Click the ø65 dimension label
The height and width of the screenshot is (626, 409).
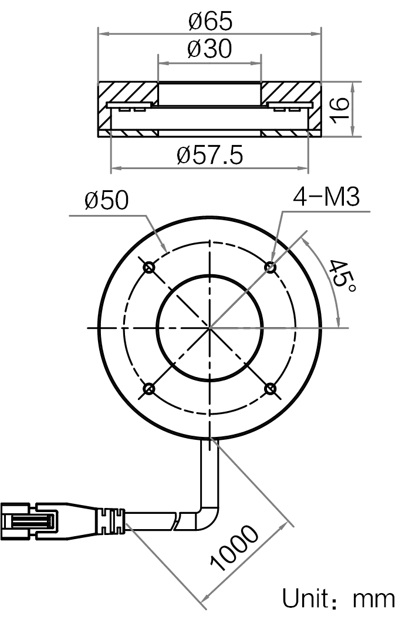(210, 21)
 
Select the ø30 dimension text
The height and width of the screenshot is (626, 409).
(209, 49)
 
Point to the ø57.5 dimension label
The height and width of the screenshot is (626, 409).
(210, 155)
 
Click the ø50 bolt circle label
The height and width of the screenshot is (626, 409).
(107, 200)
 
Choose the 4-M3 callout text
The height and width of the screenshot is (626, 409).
(326, 197)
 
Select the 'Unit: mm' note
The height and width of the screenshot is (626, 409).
(339, 599)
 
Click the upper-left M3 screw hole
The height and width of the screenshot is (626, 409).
(149, 267)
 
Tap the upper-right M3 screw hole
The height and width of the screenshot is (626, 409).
(271, 267)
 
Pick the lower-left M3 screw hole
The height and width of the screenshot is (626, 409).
(149, 388)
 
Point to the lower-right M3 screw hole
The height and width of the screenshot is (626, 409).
(271, 388)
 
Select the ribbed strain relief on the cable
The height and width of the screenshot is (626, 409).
(111, 521)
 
